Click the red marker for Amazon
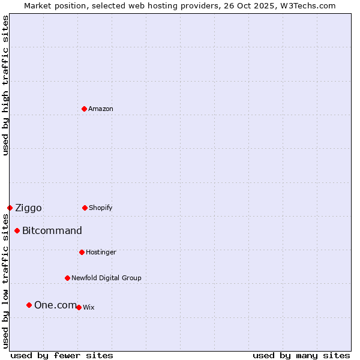point(84,109)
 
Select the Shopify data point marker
point(85,208)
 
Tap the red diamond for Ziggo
point(10,208)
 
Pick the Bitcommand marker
point(17,230)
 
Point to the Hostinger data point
point(82,252)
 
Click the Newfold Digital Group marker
point(67,278)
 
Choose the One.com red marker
point(29,305)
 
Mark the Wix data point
point(79,307)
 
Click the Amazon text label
point(101,109)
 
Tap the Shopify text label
point(101,208)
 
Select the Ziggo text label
point(28,208)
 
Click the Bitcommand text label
point(52,230)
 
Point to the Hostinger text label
point(101,252)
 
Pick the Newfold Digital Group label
point(106,278)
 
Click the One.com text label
point(55,305)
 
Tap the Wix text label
point(89,307)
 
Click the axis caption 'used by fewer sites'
point(62,355)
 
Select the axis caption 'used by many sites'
point(301,355)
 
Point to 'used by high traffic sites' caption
point(5,85)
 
